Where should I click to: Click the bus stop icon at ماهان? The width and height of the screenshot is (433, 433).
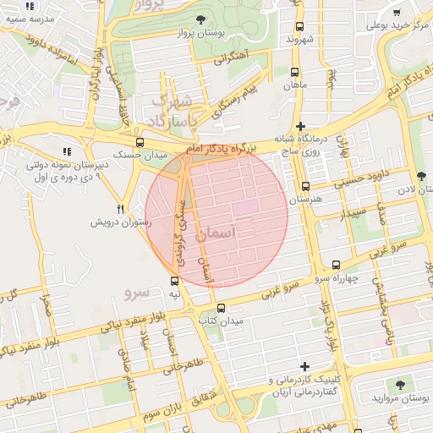click(x=294, y=72)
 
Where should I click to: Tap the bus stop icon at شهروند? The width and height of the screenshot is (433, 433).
click(x=299, y=25)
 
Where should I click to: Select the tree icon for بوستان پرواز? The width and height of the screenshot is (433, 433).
click(x=200, y=19)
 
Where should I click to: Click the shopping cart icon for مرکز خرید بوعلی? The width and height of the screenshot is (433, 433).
click(x=397, y=12)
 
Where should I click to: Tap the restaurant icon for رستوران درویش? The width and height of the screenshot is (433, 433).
click(x=121, y=209)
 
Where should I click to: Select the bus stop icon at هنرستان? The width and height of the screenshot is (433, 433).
click(x=305, y=186)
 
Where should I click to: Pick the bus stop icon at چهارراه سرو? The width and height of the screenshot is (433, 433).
click(x=337, y=265)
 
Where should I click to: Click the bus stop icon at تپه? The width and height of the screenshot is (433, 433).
click(x=174, y=281)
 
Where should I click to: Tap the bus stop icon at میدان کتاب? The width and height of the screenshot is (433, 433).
click(x=222, y=309)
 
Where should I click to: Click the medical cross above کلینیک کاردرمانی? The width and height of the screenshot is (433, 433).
click(x=305, y=364)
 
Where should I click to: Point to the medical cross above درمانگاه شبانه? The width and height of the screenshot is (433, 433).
click(x=301, y=125)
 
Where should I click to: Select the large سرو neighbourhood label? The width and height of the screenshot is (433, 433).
click(x=136, y=293)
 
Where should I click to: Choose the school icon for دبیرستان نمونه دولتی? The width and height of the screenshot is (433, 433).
click(x=67, y=151)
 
